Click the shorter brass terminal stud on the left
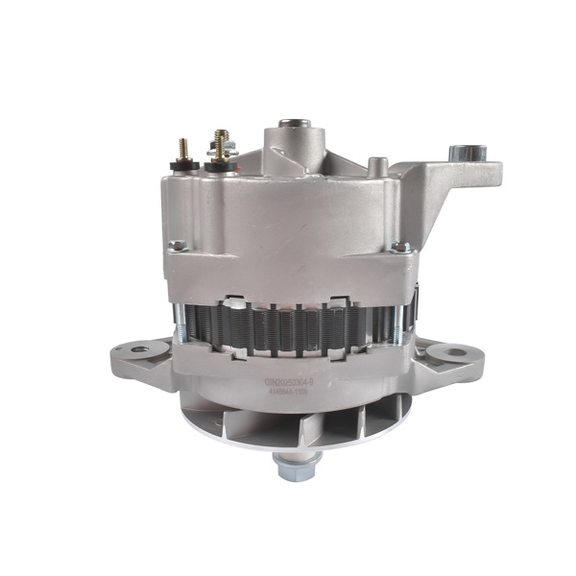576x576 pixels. coord(179,149)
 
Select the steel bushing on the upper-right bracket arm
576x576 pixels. coord(470,151)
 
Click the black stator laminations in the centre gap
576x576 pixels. coord(288,317)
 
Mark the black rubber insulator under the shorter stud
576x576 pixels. coord(182,165)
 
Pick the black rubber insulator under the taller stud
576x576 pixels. coord(221,166)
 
